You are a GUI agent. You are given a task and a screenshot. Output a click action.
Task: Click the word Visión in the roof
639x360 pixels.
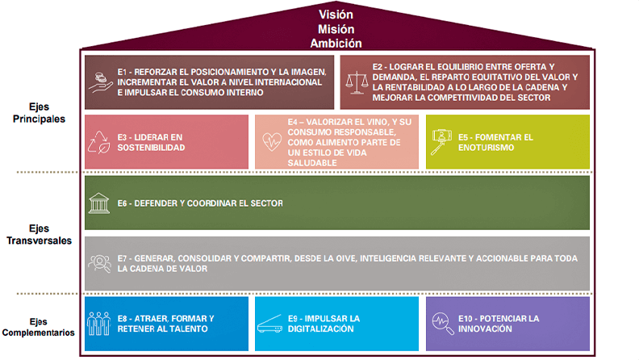[x=336, y=15]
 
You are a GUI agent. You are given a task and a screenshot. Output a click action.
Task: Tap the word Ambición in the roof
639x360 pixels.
[x=336, y=44]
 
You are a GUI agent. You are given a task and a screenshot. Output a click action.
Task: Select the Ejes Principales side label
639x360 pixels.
[x=39, y=113]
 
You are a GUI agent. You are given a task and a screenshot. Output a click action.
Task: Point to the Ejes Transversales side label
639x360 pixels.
[x=39, y=234]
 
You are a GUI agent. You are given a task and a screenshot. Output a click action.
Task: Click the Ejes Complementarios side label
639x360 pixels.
[x=38, y=327]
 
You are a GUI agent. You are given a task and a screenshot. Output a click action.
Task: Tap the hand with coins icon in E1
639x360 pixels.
[x=101, y=82]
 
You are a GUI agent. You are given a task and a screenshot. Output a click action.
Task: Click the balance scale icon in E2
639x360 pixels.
[x=357, y=82]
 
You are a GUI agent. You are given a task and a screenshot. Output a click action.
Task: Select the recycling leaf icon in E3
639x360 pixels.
[x=99, y=142]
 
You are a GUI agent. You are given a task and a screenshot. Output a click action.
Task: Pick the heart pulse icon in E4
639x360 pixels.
[x=272, y=142]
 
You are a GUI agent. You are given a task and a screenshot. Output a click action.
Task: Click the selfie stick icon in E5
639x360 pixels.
[x=441, y=142]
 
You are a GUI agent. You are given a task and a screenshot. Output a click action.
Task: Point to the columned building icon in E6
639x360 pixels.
[x=99, y=203]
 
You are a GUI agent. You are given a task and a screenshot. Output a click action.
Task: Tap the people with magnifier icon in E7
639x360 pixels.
[x=99, y=263]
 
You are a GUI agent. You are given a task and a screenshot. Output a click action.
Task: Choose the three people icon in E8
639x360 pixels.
[x=98, y=324]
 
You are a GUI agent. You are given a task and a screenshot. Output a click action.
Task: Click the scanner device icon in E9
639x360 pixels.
[x=269, y=324]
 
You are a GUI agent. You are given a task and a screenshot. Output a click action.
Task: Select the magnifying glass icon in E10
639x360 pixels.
[x=443, y=324]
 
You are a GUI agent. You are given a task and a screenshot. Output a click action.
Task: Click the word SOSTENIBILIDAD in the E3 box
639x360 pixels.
[x=151, y=148]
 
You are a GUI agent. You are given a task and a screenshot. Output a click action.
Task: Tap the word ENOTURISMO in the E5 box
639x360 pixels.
[x=486, y=148]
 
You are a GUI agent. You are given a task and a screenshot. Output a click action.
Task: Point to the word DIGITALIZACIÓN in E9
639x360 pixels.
[x=321, y=329]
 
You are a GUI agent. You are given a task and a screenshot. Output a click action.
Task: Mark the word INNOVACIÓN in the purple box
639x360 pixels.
[x=485, y=329]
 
